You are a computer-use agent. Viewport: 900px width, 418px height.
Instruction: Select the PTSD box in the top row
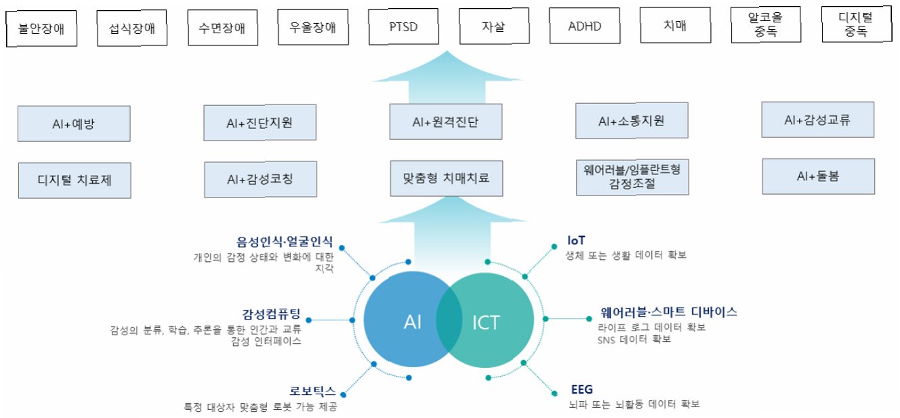[403, 28]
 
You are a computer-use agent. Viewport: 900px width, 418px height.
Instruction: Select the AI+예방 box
[75, 123]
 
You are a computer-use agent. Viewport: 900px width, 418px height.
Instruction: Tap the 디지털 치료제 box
[75, 180]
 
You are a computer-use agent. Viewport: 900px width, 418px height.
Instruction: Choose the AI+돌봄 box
[818, 176]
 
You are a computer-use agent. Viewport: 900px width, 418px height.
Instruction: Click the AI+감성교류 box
[818, 120]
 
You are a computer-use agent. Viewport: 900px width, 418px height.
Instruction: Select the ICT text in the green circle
[485, 322]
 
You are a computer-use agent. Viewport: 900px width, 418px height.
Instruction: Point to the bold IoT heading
[575, 241]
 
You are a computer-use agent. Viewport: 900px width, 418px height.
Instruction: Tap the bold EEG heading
[582, 389]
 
